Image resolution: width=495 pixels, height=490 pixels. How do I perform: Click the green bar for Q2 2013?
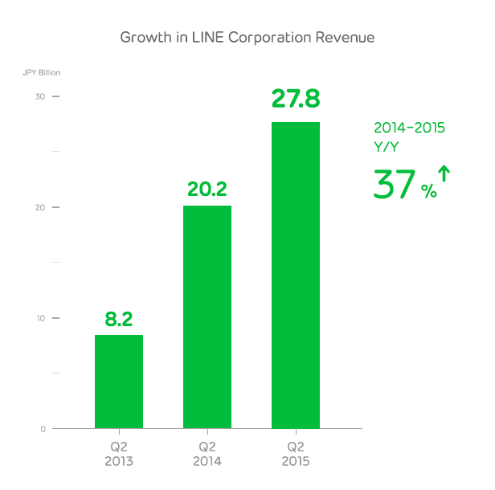119,382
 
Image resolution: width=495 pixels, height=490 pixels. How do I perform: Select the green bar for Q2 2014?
207,317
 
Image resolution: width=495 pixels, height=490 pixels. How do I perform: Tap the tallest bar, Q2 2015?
296,275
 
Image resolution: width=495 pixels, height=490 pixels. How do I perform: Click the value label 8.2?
119,319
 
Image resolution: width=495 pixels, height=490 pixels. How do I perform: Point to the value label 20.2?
207,190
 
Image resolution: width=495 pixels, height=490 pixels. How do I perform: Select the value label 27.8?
296,100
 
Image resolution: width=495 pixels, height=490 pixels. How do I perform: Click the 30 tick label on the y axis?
39,96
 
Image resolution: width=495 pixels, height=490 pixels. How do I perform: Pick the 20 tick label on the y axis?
39,207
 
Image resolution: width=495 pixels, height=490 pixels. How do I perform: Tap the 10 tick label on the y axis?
39,318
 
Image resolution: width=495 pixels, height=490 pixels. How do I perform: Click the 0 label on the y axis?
43,429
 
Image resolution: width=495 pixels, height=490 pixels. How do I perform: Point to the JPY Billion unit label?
41,73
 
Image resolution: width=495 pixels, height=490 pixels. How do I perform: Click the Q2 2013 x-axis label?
119,454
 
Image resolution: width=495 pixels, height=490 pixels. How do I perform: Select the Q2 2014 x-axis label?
207,454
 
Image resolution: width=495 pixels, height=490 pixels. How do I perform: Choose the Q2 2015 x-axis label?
296,454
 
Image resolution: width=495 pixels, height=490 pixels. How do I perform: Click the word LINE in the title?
202,38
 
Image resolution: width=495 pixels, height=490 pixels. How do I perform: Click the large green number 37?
395,184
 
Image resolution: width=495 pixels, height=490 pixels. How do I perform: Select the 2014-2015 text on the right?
410,127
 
